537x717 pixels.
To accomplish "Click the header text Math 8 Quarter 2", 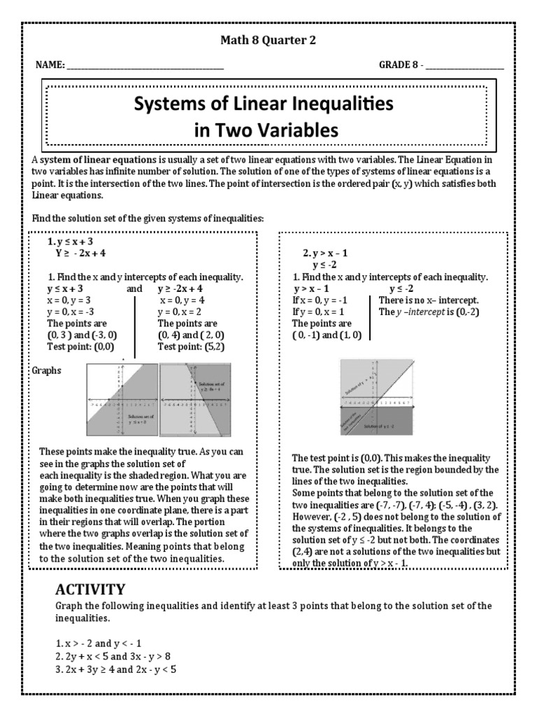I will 268,40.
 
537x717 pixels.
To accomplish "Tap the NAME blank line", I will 145,67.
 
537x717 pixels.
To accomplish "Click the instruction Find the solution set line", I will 148,219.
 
